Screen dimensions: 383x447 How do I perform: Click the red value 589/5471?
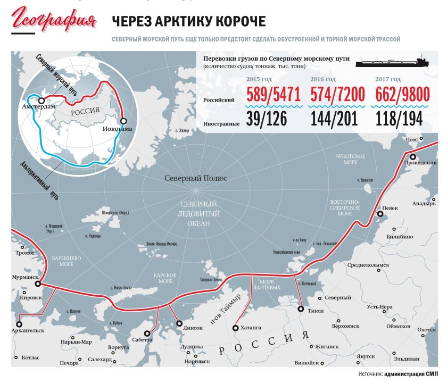point(274,95)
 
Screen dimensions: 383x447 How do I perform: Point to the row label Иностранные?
point(221,123)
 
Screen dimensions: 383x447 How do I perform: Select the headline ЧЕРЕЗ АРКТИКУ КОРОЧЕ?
point(188,21)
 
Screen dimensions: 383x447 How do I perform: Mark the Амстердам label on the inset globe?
point(38,107)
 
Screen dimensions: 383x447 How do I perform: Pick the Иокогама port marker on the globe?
point(123,121)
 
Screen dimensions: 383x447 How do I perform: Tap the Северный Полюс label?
point(196,178)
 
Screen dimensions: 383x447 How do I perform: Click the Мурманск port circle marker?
point(38,284)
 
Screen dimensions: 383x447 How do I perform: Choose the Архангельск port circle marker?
point(20,323)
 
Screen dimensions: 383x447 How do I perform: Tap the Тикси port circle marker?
point(301,309)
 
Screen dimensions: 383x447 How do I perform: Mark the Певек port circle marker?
point(380,214)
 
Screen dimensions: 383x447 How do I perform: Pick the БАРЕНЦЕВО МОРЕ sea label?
point(67,261)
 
